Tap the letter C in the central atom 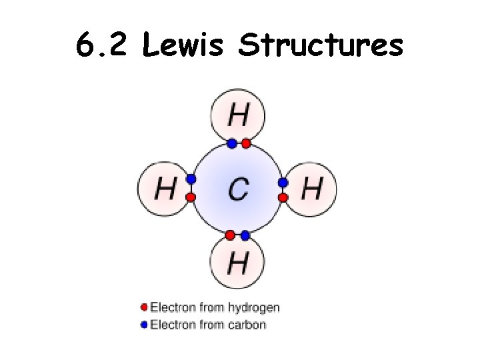click(x=237, y=189)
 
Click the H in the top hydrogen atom click(x=238, y=117)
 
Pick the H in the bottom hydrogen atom click(x=237, y=263)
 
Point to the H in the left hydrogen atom click(x=165, y=189)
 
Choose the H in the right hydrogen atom click(x=311, y=189)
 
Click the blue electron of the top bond click(x=231, y=143)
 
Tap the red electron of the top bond click(x=245, y=143)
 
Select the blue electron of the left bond click(x=191, y=179)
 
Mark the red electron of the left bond click(x=191, y=197)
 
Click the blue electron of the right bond click(x=283, y=182)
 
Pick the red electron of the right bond click(x=283, y=197)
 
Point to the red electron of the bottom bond click(x=230, y=235)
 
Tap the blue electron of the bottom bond click(x=245, y=235)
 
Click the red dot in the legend click(x=144, y=307)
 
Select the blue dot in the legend click(x=144, y=325)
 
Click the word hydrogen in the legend click(x=254, y=307)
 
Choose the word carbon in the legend click(x=247, y=325)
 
